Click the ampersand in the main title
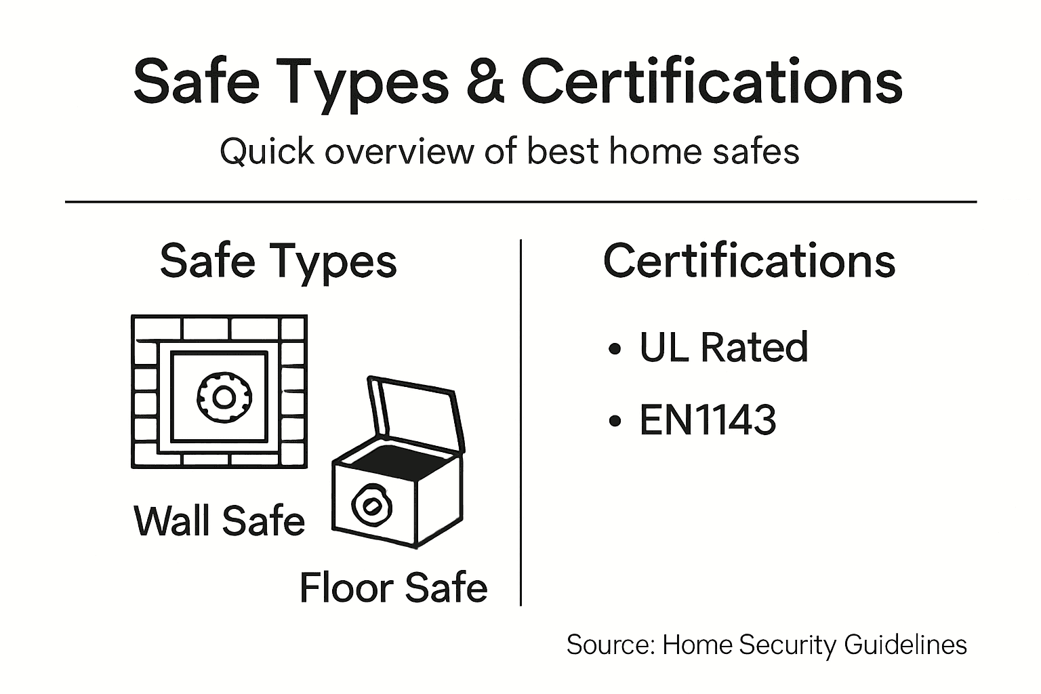coord(485,81)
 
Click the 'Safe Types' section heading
coord(278,262)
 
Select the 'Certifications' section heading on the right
coord(749,262)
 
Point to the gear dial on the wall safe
coord(223,397)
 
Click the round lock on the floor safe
coord(371,506)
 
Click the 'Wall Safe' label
coord(220,520)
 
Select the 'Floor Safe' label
coord(393,587)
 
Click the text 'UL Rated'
coord(723,347)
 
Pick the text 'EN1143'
coord(708,420)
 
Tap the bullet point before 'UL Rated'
coord(615,349)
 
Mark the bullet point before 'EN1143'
coord(615,421)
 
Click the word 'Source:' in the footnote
coord(609,644)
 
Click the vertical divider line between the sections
coord(520,420)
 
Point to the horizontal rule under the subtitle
coord(520,201)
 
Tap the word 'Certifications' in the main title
coord(712,81)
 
